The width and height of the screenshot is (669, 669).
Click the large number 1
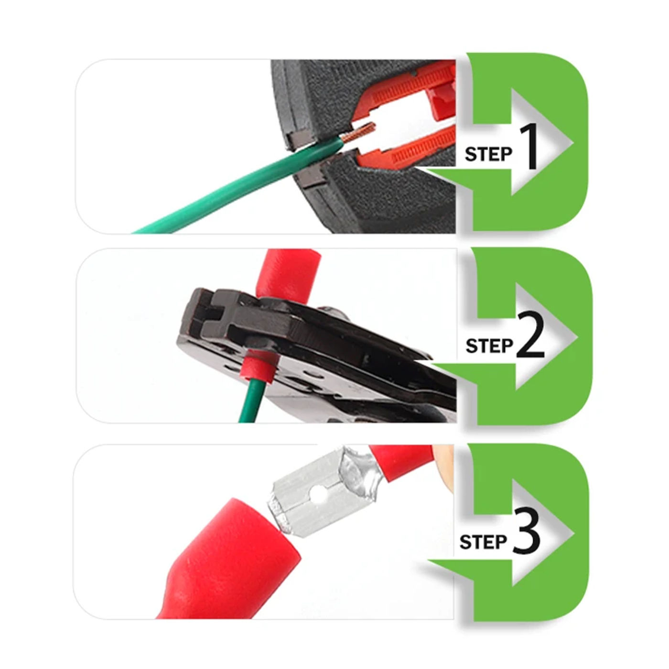pos(527,147)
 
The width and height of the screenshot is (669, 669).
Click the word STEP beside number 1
pos(488,154)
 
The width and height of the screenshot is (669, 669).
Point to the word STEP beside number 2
pos(489,346)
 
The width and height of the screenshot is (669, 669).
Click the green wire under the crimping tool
pos(251,399)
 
